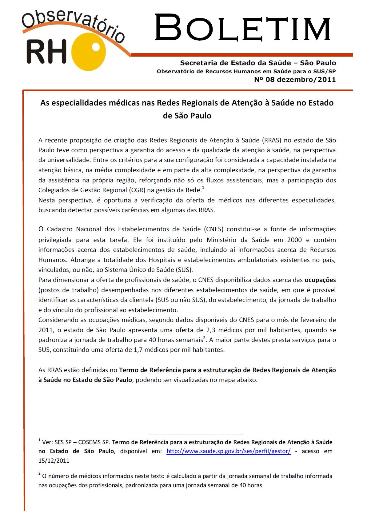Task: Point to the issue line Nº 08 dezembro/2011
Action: click(295, 80)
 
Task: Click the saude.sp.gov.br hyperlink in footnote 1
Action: click(228, 451)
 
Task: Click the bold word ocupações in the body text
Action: click(320, 280)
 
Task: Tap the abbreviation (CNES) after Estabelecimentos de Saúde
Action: click(215, 229)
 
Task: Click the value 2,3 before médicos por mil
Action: click(211, 330)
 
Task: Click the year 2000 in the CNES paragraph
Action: click(294, 240)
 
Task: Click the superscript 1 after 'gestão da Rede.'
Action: click(203, 188)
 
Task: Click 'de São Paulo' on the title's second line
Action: click(187, 116)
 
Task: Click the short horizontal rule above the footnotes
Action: click(196, 435)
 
